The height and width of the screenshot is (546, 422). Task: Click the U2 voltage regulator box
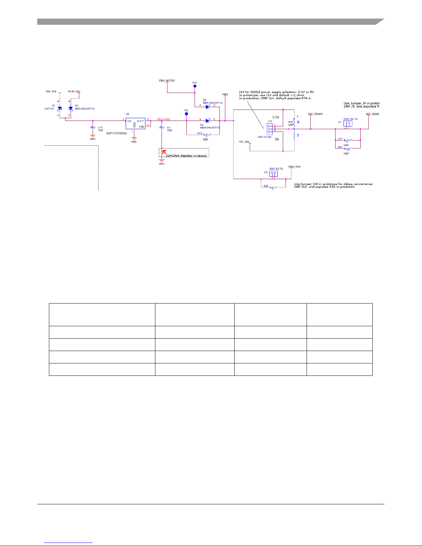point(135,123)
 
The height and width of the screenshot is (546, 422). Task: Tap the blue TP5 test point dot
point(195,86)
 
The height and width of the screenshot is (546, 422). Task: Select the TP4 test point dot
point(186,114)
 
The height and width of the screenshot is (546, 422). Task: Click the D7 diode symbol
point(60,108)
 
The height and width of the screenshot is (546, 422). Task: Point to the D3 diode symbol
point(70,108)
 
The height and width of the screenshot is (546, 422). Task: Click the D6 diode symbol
point(207,107)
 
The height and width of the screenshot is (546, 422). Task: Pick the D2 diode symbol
point(207,121)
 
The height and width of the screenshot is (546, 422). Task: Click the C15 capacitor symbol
point(92,127)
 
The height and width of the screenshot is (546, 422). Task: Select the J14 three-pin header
point(269,128)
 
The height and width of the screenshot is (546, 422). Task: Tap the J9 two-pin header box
point(348,123)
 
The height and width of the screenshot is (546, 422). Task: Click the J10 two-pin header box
point(273,173)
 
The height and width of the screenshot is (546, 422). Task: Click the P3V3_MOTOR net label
point(167,81)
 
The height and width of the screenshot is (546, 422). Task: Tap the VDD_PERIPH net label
point(315,114)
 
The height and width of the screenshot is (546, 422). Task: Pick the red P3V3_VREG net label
point(164,120)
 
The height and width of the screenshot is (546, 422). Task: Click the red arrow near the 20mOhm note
point(164,152)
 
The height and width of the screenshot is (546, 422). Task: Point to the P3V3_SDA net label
point(294,167)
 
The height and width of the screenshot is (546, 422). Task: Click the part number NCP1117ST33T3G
point(116,133)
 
